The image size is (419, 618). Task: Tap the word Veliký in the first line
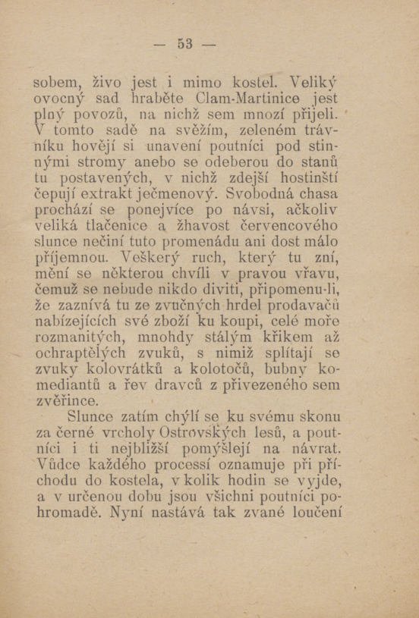[313, 80]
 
